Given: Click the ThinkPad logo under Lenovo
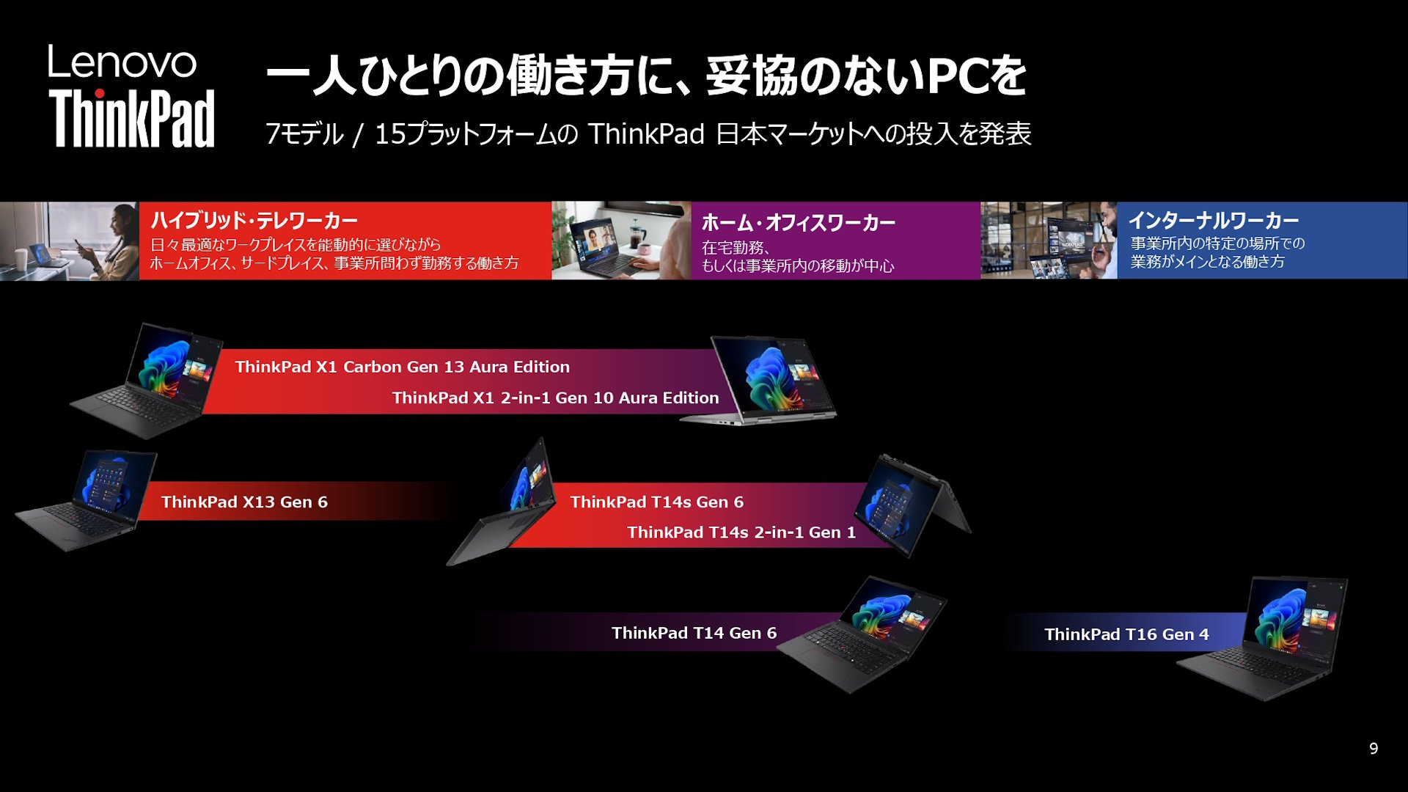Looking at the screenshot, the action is tap(132, 119).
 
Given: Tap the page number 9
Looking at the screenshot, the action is tap(1374, 748).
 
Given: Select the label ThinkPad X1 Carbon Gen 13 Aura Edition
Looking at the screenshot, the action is tap(403, 367).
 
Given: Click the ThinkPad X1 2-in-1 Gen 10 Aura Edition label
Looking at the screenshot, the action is tap(555, 397).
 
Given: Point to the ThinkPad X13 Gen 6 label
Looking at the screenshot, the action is tap(244, 502).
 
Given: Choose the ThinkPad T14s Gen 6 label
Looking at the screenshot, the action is tap(657, 502).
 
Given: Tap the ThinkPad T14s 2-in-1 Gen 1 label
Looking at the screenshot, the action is tap(741, 532).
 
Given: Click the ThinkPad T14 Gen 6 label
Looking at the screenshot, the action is tap(694, 633).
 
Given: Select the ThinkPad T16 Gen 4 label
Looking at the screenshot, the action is tap(1127, 634).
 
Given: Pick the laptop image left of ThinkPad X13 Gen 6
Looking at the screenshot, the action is tap(87, 500).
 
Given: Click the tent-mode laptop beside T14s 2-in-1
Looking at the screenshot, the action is tap(913, 505).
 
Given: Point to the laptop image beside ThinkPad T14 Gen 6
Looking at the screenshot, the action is tap(862, 634).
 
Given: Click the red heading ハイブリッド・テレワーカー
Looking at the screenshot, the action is tap(254, 220).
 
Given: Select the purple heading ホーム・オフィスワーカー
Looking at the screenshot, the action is tap(799, 222).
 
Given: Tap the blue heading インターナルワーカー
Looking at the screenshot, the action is tap(1214, 220).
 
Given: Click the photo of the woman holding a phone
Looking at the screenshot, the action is tap(70, 241).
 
